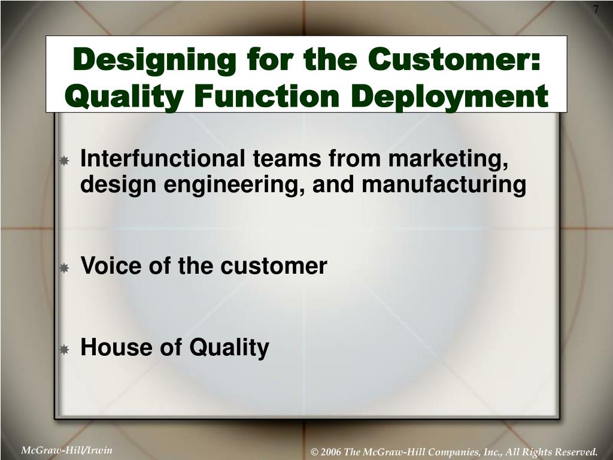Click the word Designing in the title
click(x=154, y=60)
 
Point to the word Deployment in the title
click(x=450, y=96)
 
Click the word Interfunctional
click(x=163, y=158)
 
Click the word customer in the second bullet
click(x=274, y=267)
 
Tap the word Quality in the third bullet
click(x=229, y=348)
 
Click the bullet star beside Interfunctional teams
click(x=64, y=161)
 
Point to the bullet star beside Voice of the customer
click(x=64, y=268)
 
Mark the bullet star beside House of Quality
click(x=64, y=349)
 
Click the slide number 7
click(x=596, y=10)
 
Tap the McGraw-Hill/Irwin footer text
click(x=66, y=450)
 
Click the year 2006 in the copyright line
click(x=331, y=452)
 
